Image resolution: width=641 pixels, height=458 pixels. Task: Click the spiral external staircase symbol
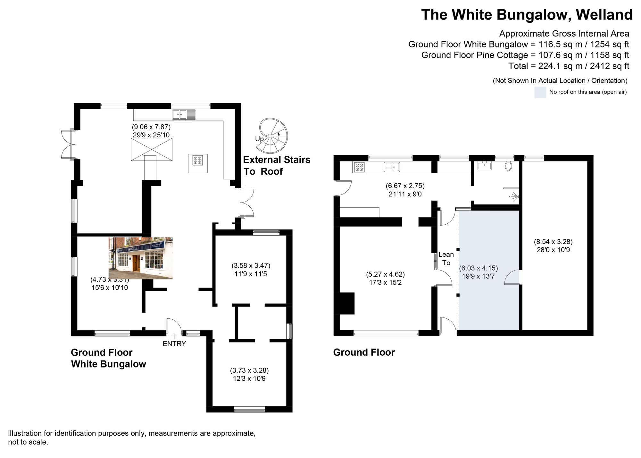pyautogui.click(x=273, y=135)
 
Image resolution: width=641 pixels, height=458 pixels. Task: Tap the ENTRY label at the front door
pyautogui.click(x=174, y=344)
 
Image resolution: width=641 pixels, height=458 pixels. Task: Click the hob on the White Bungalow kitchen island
pyautogui.click(x=197, y=160)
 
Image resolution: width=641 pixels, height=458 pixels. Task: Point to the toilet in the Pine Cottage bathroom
pyautogui.click(x=508, y=166)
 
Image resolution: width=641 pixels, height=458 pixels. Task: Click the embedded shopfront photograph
pyautogui.click(x=140, y=258)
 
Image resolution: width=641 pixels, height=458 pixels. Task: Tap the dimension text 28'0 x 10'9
pyautogui.click(x=553, y=250)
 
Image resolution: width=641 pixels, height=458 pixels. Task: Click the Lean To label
pyautogui.click(x=446, y=258)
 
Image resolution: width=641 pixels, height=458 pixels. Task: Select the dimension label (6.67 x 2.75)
pyautogui.click(x=405, y=186)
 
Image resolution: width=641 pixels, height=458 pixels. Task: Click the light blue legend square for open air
pyautogui.click(x=540, y=92)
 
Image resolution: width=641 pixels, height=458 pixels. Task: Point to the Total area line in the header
pyautogui.click(x=569, y=66)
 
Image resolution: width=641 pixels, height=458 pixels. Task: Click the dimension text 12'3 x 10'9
pyautogui.click(x=249, y=378)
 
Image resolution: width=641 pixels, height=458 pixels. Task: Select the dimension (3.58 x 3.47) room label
pyautogui.click(x=251, y=265)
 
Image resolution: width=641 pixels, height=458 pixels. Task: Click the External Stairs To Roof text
pyautogui.click(x=276, y=165)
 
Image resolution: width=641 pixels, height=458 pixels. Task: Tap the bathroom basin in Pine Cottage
pyautogui.click(x=485, y=166)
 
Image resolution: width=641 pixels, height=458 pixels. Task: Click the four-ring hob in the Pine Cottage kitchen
pyautogui.click(x=359, y=167)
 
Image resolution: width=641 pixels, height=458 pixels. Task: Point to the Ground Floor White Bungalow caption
pyautogui.click(x=108, y=358)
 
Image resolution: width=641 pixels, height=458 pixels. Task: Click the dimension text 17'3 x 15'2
pyautogui.click(x=385, y=282)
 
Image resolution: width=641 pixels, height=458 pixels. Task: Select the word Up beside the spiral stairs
pyautogui.click(x=259, y=139)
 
